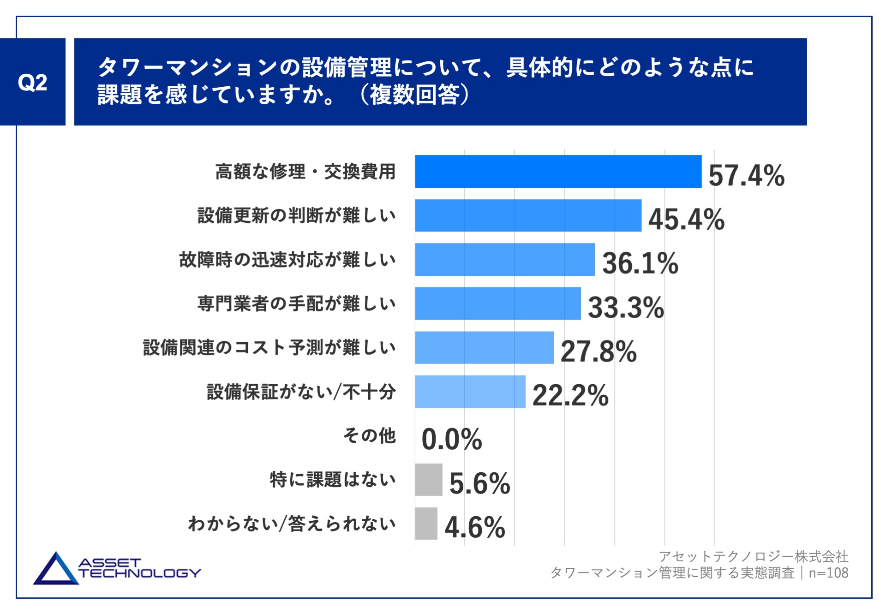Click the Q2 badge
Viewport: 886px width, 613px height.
tap(32, 82)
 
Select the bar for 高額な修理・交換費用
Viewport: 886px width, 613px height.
tap(558, 172)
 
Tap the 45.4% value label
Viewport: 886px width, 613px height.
tap(686, 219)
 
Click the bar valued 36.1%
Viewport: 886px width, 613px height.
tap(504, 260)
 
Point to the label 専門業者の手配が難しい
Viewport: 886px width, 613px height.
tap(297, 304)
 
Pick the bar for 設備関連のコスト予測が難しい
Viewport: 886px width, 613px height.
tap(484, 348)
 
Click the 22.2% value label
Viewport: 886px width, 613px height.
tap(570, 395)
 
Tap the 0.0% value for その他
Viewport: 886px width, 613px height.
tap(452, 439)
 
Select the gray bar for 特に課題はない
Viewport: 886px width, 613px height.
tap(428, 480)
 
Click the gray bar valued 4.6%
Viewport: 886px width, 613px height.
tap(426, 524)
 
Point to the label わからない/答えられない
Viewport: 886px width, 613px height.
tap(292, 524)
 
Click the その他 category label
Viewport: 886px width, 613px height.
tap(369, 435)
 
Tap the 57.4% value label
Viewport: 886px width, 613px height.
tap(746, 175)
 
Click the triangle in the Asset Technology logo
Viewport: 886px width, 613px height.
tap(56, 570)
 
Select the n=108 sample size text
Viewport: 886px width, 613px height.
tap(828, 573)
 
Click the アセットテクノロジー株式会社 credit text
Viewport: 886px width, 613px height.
tap(753, 556)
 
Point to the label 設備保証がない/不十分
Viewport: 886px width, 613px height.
tap(301, 392)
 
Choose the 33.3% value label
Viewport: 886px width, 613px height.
tap(626, 307)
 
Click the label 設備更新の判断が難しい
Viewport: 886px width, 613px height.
tap(297, 215)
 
